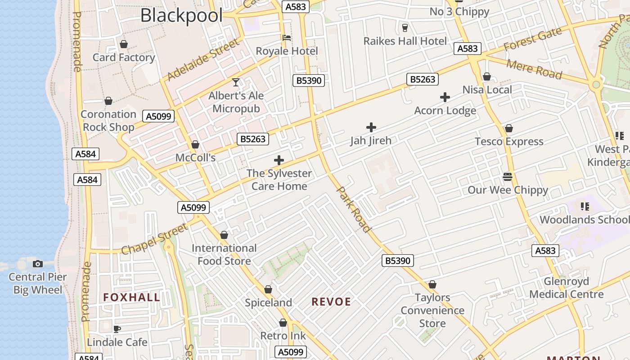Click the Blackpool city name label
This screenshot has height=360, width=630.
click(181, 15)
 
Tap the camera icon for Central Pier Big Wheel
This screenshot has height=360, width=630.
click(38, 264)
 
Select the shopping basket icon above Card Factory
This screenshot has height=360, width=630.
click(124, 44)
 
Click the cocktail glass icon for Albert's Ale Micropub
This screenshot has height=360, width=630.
click(236, 82)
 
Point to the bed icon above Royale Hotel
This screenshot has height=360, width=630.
click(287, 38)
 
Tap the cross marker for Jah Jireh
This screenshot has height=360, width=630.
click(371, 127)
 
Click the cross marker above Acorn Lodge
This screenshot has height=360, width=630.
click(445, 97)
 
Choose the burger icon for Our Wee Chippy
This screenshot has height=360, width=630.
click(508, 176)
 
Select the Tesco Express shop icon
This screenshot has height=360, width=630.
click(509, 128)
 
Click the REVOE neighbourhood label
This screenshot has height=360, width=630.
click(331, 302)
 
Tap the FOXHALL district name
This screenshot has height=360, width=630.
click(131, 297)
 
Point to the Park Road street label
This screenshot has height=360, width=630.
click(354, 209)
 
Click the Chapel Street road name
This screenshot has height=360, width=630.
click(154, 239)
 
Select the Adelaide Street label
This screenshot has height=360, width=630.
click(203, 60)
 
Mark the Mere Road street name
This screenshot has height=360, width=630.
click(534, 69)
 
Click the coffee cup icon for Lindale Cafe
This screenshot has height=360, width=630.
click(117, 329)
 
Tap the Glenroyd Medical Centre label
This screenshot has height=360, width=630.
click(566, 288)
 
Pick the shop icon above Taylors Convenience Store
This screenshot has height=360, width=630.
click(432, 284)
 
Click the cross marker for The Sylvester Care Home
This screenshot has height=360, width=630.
click(279, 160)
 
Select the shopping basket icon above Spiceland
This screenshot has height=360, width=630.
click(268, 289)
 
